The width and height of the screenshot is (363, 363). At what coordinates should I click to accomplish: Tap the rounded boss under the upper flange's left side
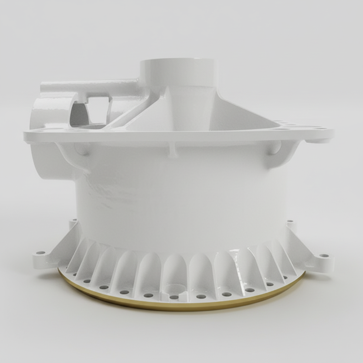(82, 149)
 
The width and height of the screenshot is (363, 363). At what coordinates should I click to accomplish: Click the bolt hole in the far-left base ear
(40, 253)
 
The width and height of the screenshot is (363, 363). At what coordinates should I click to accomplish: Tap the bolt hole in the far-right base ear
(324, 255)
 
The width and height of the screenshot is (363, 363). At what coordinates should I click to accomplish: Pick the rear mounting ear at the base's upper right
(290, 223)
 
